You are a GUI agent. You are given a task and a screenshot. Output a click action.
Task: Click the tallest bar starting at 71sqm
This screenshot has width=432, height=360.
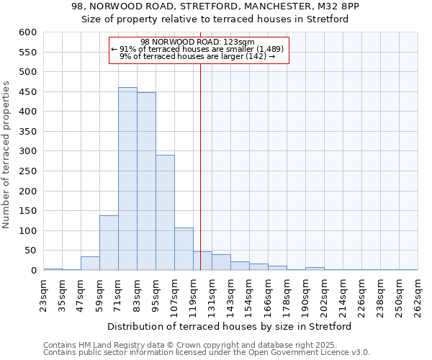127,179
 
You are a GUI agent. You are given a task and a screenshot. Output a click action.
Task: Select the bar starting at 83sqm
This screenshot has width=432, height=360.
146,181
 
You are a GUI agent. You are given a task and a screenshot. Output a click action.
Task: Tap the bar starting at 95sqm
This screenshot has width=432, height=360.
165,212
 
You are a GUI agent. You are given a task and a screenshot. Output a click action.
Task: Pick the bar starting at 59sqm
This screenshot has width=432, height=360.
109,243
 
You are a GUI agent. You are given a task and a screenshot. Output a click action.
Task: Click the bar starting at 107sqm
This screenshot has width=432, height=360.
184,249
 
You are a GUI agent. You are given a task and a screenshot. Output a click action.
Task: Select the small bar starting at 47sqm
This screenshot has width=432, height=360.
90,264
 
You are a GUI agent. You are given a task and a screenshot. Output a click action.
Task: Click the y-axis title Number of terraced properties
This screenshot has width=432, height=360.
6,155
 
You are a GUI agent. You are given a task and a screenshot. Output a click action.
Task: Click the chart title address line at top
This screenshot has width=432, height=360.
215,6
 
